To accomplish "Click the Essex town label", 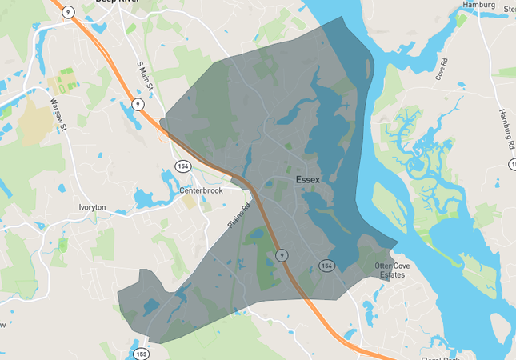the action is pos(308,180).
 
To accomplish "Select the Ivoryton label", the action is pos(92,206).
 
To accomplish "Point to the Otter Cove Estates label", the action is pos(390,270).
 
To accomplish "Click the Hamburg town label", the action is pos(479,5).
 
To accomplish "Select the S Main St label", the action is pos(145,76).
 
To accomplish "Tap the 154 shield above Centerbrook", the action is pos(182,165).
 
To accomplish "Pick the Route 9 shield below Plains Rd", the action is pos(282,254).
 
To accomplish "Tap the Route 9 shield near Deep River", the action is pos(70,11).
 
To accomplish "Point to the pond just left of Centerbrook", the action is pos(146,198).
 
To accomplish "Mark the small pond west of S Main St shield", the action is pos(126,106).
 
